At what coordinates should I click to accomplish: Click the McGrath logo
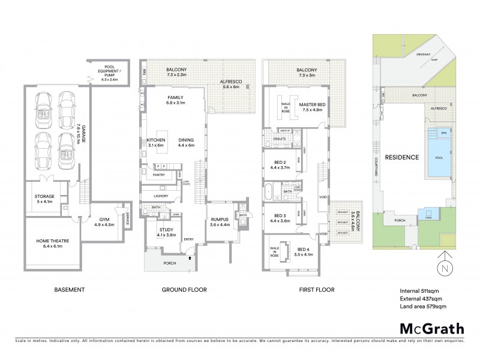pyautogui.click(x=431, y=328)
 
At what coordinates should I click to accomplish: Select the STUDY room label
pyautogui.click(x=166, y=232)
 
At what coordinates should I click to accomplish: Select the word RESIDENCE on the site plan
pyautogui.click(x=401, y=157)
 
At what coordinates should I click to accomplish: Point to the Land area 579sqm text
pyautogui.click(x=423, y=307)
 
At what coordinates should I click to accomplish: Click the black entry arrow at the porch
pyautogui.click(x=191, y=258)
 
